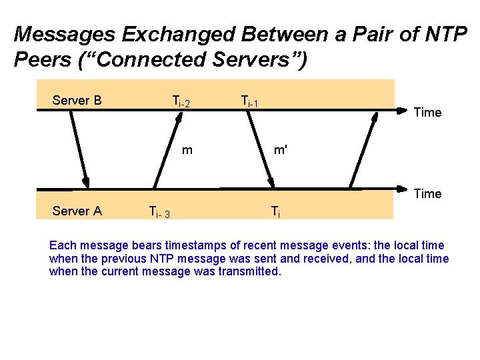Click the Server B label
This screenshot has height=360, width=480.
[77, 101]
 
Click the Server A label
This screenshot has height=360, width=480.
[77, 211]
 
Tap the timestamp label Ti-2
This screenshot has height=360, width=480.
[181, 102]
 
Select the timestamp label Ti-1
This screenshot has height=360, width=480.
[249, 102]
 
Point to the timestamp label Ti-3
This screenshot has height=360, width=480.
[159, 213]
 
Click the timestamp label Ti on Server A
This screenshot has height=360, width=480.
[275, 213]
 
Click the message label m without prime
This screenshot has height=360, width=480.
[187, 149]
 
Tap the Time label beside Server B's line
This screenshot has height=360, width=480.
[427, 113]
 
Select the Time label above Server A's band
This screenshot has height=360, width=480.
[427, 194]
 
